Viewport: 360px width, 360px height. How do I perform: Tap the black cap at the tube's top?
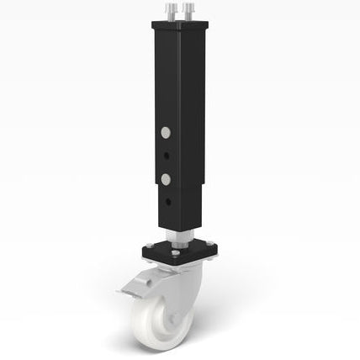182,26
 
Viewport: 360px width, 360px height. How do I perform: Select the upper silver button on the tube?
166,133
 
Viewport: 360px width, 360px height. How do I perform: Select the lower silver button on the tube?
166,178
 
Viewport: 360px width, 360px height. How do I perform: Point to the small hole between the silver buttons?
167,156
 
